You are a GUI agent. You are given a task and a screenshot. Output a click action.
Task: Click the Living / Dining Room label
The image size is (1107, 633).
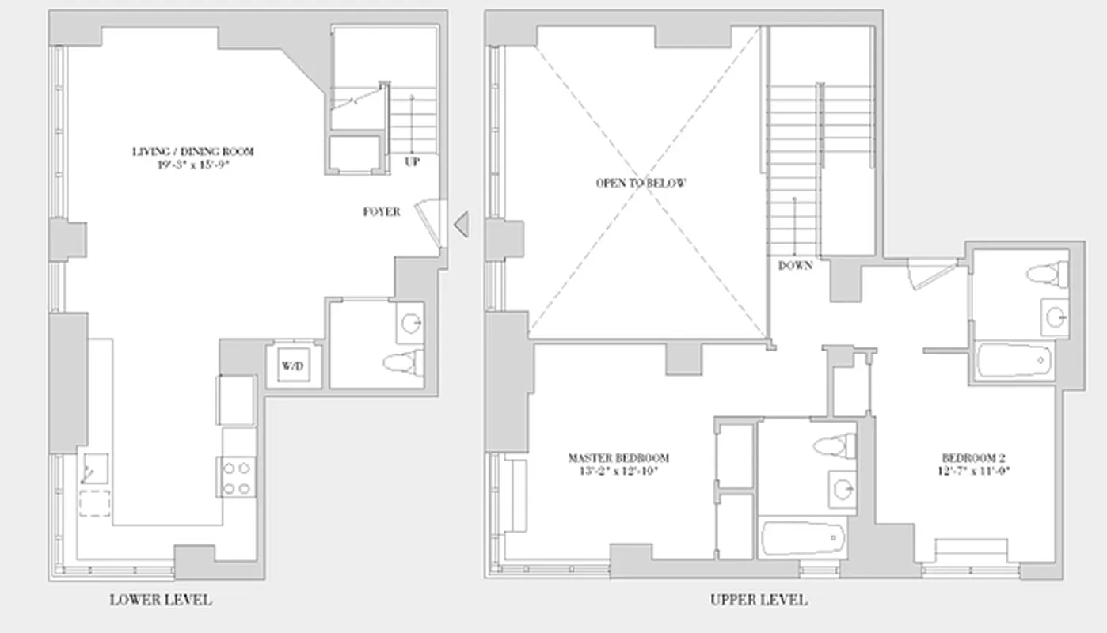pos(193,151)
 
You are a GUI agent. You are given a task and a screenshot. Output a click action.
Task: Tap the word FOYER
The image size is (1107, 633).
pos(382,212)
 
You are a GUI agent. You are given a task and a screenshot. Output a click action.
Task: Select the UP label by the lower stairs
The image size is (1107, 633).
pos(412,161)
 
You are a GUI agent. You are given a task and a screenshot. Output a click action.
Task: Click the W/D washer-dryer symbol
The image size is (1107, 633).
pos(293,366)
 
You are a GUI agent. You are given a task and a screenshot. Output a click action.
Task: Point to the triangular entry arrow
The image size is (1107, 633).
pos(461,225)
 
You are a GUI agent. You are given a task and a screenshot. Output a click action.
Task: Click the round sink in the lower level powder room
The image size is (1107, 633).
pos(411,323)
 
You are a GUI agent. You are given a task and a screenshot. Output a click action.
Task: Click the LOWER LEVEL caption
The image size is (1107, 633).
pos(161,600)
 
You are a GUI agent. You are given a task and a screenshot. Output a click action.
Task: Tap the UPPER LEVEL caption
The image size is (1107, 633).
pos(759,600)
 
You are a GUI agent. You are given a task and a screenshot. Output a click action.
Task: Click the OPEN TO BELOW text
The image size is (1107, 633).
pos(641,183)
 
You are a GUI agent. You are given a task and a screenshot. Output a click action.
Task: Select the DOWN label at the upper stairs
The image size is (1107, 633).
pos(795,266)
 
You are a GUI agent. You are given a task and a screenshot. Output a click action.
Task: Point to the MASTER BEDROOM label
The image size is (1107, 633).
pos(618,458)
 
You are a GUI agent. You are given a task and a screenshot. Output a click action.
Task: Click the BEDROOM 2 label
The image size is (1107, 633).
pos(973,458)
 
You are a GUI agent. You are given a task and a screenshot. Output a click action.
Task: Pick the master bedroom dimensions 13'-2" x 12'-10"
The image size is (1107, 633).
pos(618,471)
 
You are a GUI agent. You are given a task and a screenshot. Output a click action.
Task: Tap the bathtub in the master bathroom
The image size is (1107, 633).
pos(801,540)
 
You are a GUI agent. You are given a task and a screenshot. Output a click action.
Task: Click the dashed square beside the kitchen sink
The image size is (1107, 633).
pos(95,503)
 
